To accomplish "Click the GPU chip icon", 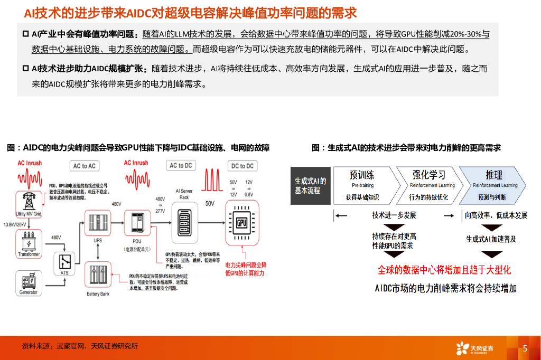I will tap(242, 222).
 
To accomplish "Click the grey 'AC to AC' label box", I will tap(85, 166).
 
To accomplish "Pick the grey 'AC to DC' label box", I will tap(181, 165).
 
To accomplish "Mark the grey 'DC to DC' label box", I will tap(242, 166).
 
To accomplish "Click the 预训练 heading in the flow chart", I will tap(362, 175).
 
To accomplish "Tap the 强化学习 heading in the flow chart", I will tap(428, 175).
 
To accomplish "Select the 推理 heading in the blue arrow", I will tap(494, 175).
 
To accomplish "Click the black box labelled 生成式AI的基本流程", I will tap(311, 185).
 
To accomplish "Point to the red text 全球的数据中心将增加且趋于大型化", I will tap(444, 270).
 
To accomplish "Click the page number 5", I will tap(525, 348).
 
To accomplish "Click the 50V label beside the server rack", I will tap(210, 203).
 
